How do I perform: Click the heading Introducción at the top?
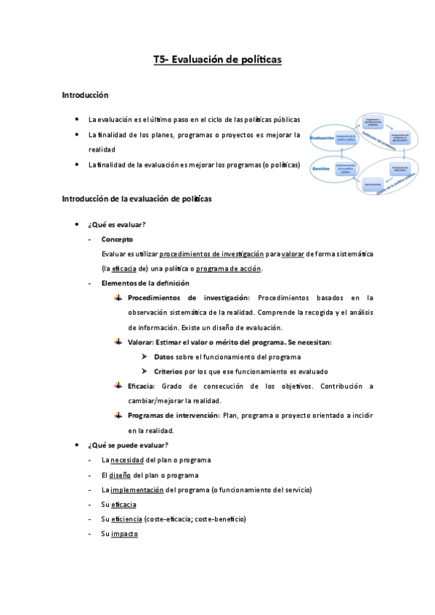pyautogui.click(x=85, y=95)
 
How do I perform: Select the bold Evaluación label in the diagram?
pyautogui.click(x=322, y=137)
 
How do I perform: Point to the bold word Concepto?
pyautogui.click(x=117, y=239)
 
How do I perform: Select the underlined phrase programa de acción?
pyautogui.click(x=229, y=268)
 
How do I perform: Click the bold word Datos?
pyautogui.click(x=164, y=357)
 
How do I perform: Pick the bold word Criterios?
pyautogui.click(x=168, y=371)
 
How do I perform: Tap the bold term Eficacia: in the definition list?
pyautogui.click(x=141, y=387)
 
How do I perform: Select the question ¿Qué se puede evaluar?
pyautogui.click(x=128, y=445)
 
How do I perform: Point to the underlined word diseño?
pyautogui.click(x=121, y=475)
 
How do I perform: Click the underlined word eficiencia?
pyautogui.click(x=126, y=519)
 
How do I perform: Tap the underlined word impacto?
pyautogui.click(x=125, y=534)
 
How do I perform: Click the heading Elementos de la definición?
pyautogui.click(x=145, y=283)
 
